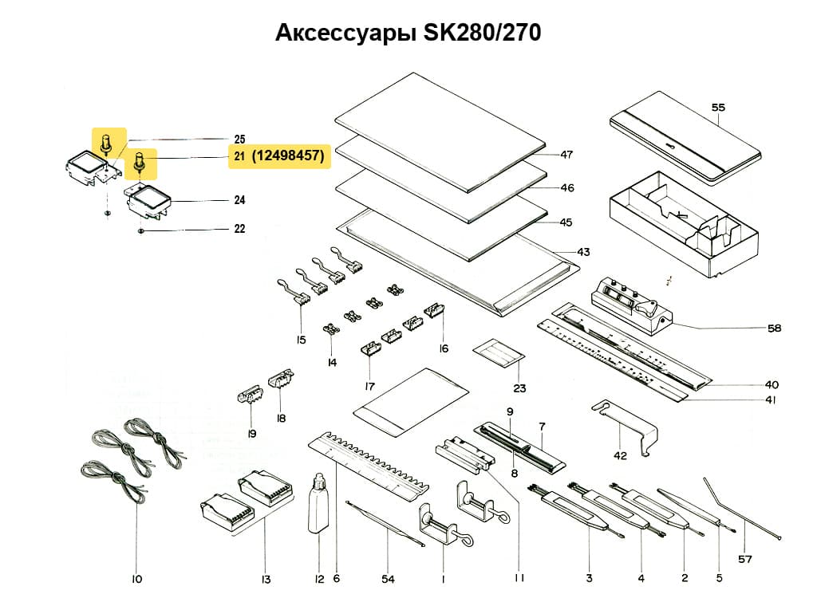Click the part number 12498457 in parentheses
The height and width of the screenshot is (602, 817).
288,157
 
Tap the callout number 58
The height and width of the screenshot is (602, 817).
774,328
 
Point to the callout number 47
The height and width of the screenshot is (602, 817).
566,155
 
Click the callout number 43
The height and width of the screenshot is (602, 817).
583,252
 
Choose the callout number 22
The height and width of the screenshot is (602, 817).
239,229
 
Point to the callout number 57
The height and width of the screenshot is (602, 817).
744,559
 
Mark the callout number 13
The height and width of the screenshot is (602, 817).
266,578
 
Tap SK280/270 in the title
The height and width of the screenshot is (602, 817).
481,33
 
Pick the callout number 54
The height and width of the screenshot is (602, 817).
388,578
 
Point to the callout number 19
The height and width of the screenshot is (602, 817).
251,434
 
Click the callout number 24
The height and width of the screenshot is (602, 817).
239,200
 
